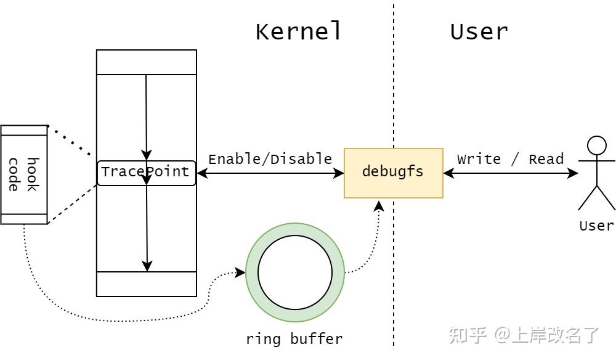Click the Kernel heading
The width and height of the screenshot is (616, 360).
click(x=298, y=31)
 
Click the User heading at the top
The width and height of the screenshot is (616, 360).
click(x=479, y=31)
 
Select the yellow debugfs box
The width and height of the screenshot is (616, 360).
click(x=393, y=173)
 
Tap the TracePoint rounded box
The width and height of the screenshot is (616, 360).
click(x=146, y=173)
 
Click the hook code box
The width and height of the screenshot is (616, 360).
click(x=23, y=174)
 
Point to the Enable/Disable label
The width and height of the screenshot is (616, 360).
click(x=270, y=159)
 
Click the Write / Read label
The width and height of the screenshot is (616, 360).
click(x=510, y=159)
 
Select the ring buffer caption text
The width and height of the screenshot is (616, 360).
click(x=294, y=338)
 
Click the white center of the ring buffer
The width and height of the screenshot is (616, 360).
click(x=294, y=272)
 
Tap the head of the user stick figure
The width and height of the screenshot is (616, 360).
click(x=596, y=145)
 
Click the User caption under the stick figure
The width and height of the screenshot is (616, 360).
click(x=596, y=226)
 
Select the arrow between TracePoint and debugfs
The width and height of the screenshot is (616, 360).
click(x=270, y=173)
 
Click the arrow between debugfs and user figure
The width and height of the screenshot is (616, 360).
click(x=510, y=173)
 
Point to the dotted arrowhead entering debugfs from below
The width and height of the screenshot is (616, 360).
click(x=379, y=205)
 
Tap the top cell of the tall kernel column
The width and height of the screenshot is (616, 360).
click(x=146, y=62)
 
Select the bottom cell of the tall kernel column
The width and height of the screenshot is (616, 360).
click(x=146, y=284)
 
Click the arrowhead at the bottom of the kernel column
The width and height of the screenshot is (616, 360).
click(x=147, y=266)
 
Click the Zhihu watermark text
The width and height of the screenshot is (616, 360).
click(x=524, y=335)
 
